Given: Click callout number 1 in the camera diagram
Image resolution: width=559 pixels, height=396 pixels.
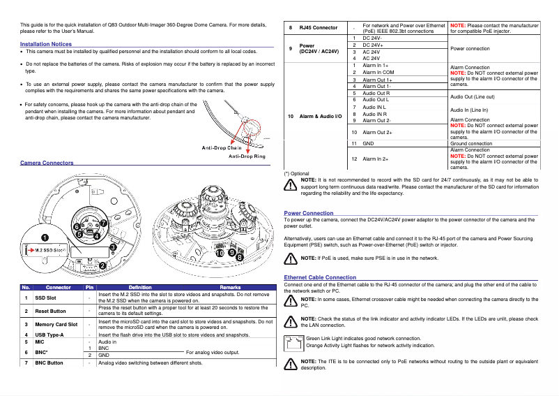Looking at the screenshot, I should pyautogui.click(x=45, y=237).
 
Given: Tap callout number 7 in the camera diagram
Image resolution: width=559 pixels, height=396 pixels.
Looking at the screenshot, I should pyautogui.click(x=102, y=223).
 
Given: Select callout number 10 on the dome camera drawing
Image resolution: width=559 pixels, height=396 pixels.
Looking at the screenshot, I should pyautogui.click(x=220, y=254).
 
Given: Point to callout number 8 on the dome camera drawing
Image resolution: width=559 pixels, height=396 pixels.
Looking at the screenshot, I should pyautogui.click(x=240, y=258).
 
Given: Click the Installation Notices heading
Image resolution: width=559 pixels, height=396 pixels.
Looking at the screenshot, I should pyautogui.click(x=46, y=44).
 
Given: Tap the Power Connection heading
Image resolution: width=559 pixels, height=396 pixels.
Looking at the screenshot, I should pyautogui.click(x=309, y=212).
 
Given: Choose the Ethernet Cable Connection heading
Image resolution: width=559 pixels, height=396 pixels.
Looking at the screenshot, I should pyautogui.click(x=320, y=277).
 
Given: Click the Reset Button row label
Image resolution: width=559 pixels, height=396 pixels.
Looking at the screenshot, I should pyautogui.click(x=51, y=311).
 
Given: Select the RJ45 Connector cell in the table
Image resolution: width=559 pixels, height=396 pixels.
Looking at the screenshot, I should pyautogui.click(x=319, y=28).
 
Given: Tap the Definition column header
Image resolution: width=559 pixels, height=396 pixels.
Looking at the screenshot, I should pyautogui.click(x=139, y=287).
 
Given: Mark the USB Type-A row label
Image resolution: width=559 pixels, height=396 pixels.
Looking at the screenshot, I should pyautogui.click(x=49, y=335).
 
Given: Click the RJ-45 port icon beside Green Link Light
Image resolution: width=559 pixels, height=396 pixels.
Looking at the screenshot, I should pyautogui.click(x=293, y=342).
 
